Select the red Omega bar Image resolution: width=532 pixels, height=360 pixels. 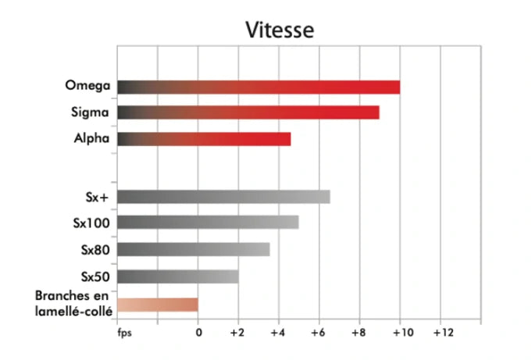(258, 87)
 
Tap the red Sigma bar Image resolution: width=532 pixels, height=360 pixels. (248, 112)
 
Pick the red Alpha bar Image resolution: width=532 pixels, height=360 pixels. (203, 139)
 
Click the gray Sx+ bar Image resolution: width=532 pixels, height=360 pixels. (223, 196)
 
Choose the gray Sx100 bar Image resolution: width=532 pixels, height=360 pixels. (207, 223)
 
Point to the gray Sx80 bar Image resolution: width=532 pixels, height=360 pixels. (193, 249)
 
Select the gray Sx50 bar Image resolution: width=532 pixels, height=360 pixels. (177, 276)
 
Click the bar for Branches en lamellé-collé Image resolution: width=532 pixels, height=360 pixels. (157, 305)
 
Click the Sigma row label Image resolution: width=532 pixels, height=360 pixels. (92, 112)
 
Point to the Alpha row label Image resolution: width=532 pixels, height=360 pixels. (93, 138)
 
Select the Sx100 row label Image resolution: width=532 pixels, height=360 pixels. (91, 223)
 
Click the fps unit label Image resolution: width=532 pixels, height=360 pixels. (124, 332)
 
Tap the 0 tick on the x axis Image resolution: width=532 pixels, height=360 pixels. (198, 332)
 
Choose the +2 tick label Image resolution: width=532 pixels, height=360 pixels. (237, 332)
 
